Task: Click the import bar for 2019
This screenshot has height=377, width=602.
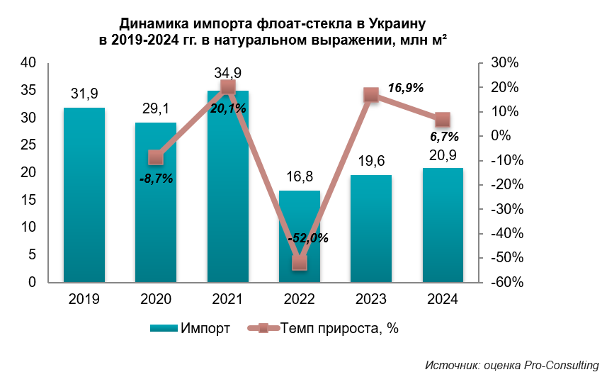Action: [84, 195]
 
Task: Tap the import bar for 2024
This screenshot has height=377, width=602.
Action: [443, 225]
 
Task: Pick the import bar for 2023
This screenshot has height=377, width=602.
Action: [371, 228]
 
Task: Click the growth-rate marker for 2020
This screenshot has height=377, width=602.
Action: [156, 157]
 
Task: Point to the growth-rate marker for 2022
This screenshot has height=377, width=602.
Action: [300, 263]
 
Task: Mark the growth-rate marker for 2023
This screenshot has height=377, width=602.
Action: [371, 95]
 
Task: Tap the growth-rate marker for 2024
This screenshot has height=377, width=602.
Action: [443, 119]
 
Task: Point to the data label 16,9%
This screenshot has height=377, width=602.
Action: [406, 88]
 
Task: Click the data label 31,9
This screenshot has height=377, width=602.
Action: [84, 94]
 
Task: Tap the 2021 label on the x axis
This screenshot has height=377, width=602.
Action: [227, 299]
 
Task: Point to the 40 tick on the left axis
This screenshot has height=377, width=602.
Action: [28, 63]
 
